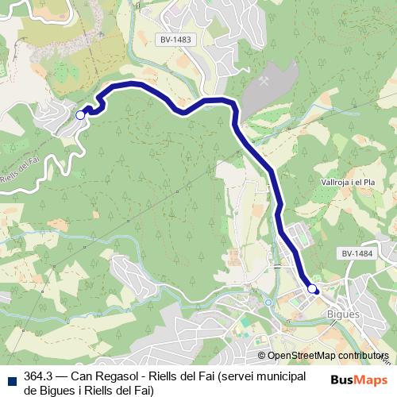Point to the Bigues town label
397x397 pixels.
tap(344, 314)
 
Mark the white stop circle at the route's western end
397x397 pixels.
tap(80, 115)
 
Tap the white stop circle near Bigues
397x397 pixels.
tap(312, 289)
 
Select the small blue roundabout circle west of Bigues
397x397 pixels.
tap(268, 303)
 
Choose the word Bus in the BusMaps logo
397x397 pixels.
tap(344, 380)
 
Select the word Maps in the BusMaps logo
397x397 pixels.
tap(372, 380)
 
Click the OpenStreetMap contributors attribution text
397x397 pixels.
tap(328, 356)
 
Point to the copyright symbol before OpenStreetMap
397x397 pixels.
tap(262, 356)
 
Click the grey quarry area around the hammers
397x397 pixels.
tap(262, 99)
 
